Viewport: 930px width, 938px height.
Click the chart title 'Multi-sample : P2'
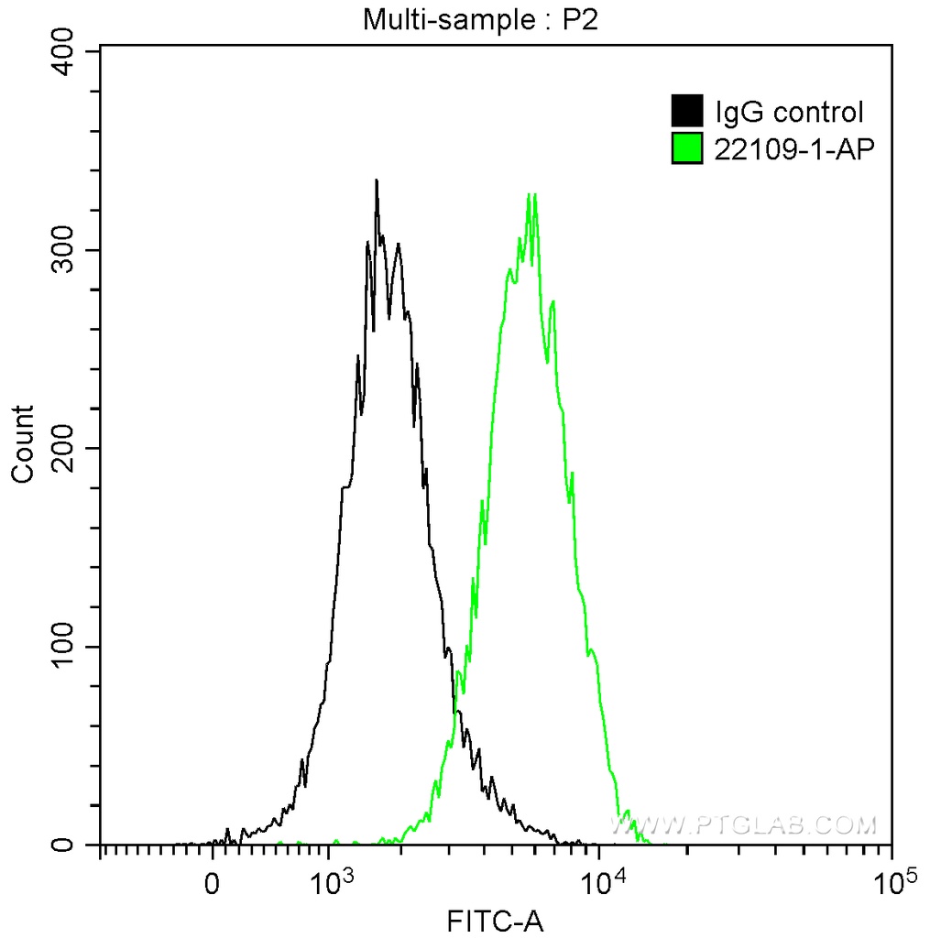tap(480, 18)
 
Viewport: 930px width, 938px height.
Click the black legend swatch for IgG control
tap(686, 112)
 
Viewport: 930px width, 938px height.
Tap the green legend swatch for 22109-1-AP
tap(686, 148)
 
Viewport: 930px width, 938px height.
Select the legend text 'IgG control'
tap(789, 113)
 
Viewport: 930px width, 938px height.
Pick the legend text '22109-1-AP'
tap(789, 148)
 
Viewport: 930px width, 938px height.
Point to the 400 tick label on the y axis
tap(66, 51)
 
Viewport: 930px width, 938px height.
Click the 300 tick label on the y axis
tap(66, 250)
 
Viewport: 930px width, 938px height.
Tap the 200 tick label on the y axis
tap(66, 448)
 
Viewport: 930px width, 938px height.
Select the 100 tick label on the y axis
tap(66, 647)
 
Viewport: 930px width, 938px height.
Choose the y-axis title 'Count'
tap(22, 444)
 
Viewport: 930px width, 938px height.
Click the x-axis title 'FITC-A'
tap(495, 920)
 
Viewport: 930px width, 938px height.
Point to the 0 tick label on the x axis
tap(213, 885)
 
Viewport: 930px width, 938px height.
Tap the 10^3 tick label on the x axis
tap(332, 883)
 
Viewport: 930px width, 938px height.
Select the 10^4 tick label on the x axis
tap(602, 883)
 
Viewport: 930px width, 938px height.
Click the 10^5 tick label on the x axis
tap(893, 883)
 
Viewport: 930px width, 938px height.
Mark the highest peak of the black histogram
tap(376, 180)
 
